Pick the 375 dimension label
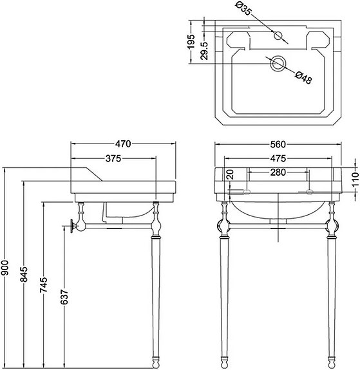[x=113, y=159]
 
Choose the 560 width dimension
[x=278, y=143]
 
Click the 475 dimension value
[x=278, y=159]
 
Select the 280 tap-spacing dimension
[x=278, y=172]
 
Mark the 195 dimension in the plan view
[x=191, y=42]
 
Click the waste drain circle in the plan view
[x=278, y=63]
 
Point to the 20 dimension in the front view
[x=231, y=175]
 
